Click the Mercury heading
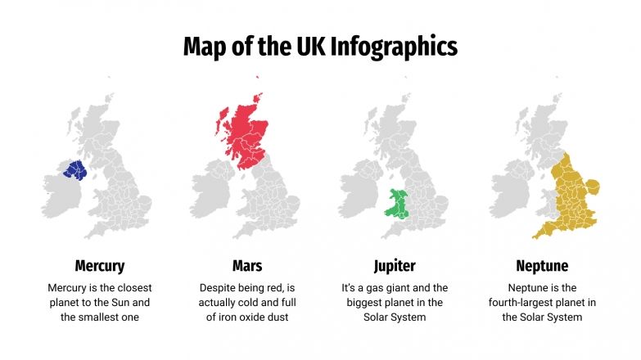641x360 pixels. coord(99,266)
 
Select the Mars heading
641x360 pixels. coord(246,266)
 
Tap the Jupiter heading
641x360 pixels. coord(394,266)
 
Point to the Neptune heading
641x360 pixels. coord(541,266)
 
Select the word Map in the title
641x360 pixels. coord(202,46)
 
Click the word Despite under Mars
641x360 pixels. coord(218,288)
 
